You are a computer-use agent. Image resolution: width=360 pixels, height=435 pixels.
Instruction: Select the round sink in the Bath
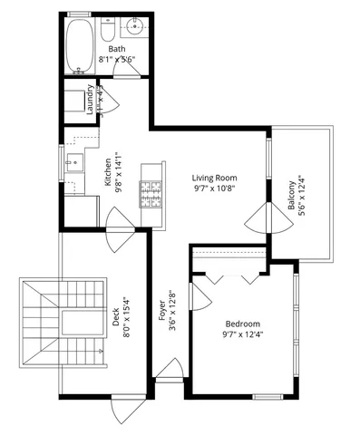(138, 26)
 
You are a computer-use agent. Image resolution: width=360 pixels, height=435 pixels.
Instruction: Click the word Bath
(117, 49)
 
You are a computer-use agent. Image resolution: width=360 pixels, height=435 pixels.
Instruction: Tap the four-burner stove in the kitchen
(150, 191)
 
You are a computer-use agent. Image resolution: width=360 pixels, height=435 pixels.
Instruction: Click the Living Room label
(214, 178)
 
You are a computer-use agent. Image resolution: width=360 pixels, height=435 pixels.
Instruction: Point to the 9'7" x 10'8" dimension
(214, 189)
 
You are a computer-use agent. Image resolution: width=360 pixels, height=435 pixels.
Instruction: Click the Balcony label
(292, 196)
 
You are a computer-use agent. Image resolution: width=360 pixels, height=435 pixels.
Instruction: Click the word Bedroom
(242, 324)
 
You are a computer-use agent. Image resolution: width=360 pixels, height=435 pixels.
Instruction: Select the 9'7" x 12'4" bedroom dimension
(242, 335)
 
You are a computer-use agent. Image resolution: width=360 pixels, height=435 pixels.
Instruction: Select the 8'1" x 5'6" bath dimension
(117, 60)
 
